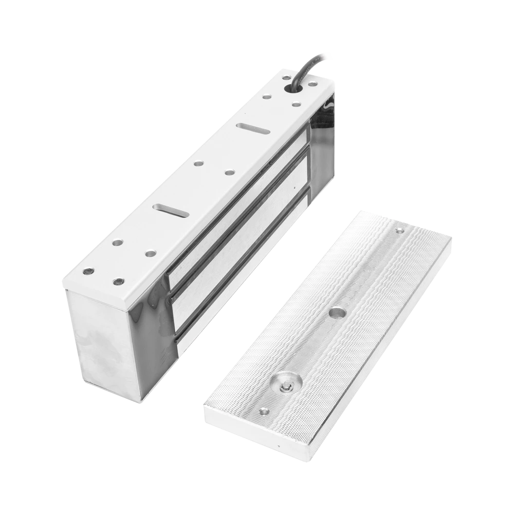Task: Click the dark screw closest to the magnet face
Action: click(119, 281)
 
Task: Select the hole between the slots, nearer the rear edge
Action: click(197, 164)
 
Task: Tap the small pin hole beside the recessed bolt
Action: click(264, 411)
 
